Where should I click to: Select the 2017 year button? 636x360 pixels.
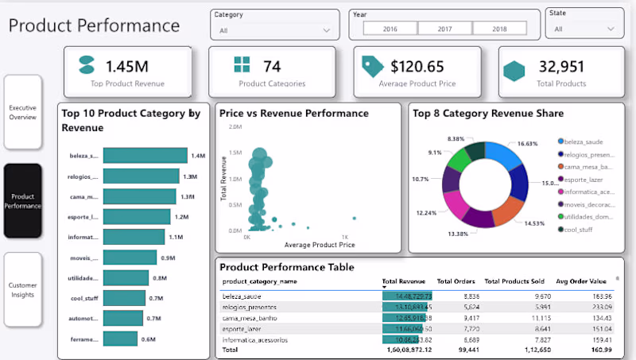444,28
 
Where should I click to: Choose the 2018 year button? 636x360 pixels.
499,28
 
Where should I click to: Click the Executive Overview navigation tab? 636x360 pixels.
22,112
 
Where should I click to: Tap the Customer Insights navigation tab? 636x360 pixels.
22,290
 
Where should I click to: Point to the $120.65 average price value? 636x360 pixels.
417,66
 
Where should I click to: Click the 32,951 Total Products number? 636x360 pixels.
562,66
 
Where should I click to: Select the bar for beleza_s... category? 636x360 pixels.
145,156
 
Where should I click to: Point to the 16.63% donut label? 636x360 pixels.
527,144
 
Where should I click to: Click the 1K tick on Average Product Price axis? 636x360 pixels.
345,237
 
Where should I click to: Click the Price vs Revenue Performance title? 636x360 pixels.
293,114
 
